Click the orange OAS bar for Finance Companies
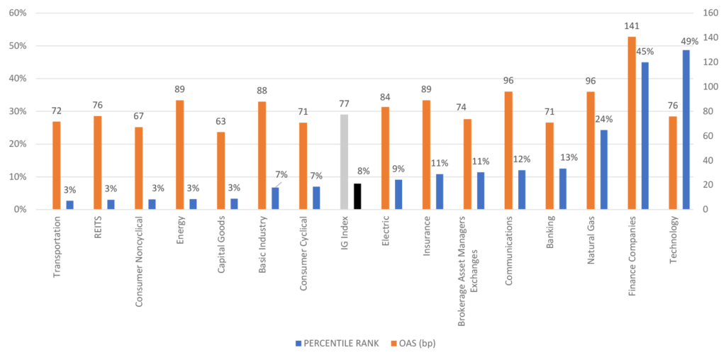(x=632, y=123)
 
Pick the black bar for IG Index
(x=357, y=196)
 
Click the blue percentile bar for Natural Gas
(x=604, y=170)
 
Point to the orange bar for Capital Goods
(x=221, y=171)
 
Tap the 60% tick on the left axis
(x=17, y=13)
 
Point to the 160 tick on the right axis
(x=710, y=13)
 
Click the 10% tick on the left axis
(x=17, y=177)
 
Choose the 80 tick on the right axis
(x=708, y=111)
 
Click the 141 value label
(x=632, y=26)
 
